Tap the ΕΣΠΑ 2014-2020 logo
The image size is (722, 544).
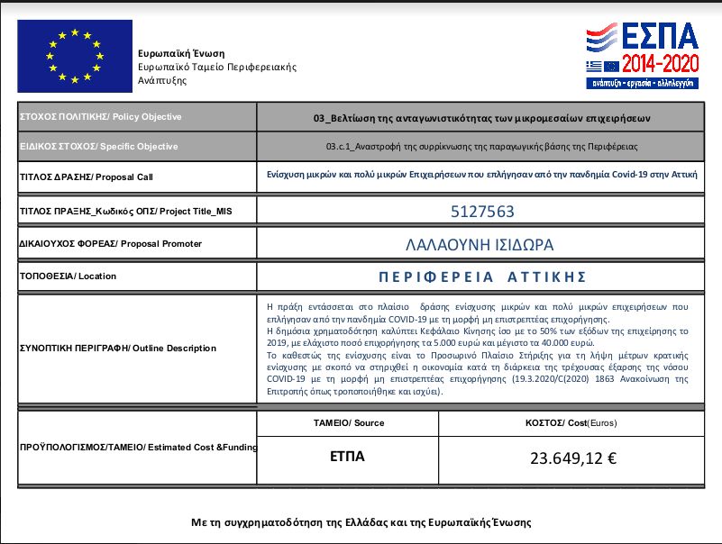(x=642, y=54)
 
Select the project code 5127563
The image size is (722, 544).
(x=481, y=213)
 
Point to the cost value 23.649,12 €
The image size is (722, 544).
(x=573, y=458)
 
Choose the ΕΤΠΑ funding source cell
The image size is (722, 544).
(x=347, y=457)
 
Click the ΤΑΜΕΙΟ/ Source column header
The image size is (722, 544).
(x=348, y=422)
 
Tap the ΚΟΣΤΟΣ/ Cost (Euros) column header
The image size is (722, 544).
(x=571, y=422)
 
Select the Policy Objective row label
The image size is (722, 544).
(x=100, y=117)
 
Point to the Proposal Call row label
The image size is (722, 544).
(x=86, y=177)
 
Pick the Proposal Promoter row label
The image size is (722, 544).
(x=110, y=243)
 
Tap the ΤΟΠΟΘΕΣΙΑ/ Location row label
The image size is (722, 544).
(x=68, y=277)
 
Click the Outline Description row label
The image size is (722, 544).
(x=117, y=348)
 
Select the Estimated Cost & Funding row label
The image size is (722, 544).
(x=137, y=447)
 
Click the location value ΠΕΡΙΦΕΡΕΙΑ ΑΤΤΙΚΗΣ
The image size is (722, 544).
(x=481, y=277)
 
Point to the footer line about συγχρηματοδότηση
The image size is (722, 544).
(x=361, y=522)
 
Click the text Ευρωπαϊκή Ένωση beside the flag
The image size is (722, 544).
(x=181, y=53)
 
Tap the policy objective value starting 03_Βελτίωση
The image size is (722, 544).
(x=481, y=118)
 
